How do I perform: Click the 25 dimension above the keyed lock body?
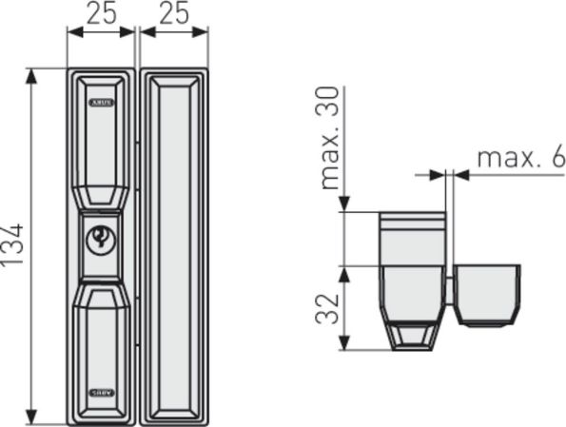point(103,13)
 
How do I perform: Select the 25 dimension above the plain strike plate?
point(173,13)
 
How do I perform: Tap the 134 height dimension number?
point(16,246)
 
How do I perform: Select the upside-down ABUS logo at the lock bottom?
point(101,391)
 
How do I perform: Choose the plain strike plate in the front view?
point(173,246)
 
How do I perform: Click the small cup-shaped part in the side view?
point(488,294)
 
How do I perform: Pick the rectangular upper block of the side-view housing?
point(411,238)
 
